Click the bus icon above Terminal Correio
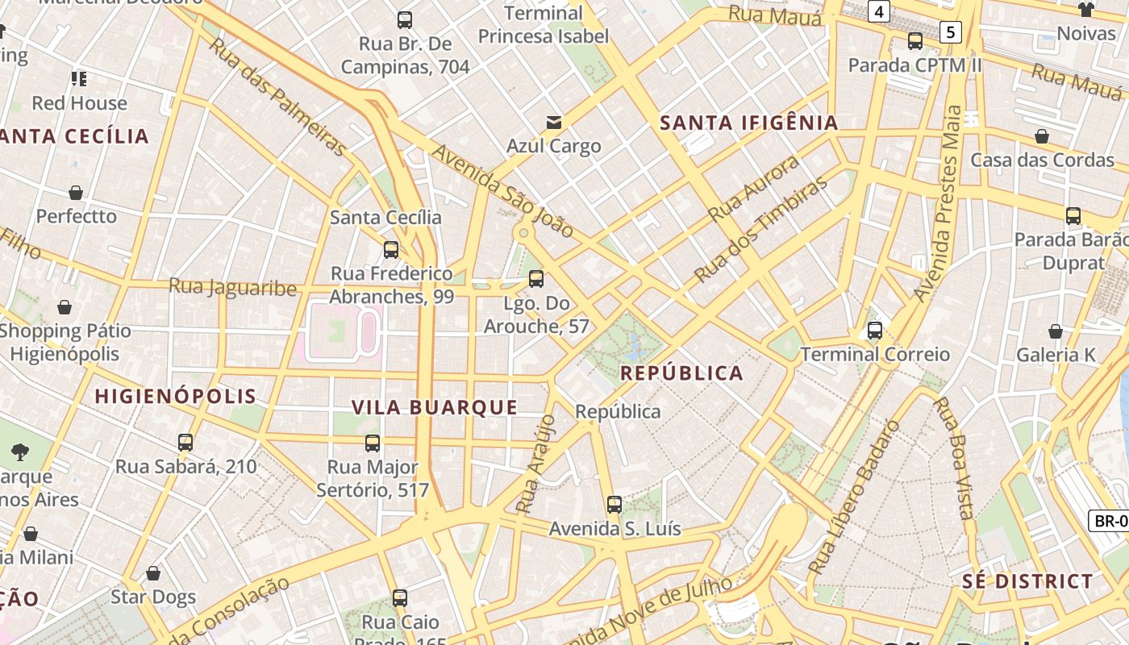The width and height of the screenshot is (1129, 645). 875,331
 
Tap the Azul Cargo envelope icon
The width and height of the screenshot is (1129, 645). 554,123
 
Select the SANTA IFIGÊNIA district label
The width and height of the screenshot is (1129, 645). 749,123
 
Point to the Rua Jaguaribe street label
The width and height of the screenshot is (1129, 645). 232,287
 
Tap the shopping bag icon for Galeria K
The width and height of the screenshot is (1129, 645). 1056,331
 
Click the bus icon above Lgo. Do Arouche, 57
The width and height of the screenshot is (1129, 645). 536,279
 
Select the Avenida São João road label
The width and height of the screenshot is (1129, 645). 503,192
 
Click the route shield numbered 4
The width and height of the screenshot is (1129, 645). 878,11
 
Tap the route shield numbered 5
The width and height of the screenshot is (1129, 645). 952,32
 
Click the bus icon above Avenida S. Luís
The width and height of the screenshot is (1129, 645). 614,506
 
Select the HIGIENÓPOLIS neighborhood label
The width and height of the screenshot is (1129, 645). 175,396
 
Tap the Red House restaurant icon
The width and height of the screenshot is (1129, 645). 79,79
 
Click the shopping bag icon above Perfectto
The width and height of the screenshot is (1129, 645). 76,193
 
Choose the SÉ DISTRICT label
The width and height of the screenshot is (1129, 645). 1027,581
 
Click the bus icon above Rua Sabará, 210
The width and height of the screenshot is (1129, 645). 185,443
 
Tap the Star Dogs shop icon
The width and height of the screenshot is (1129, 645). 153,573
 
